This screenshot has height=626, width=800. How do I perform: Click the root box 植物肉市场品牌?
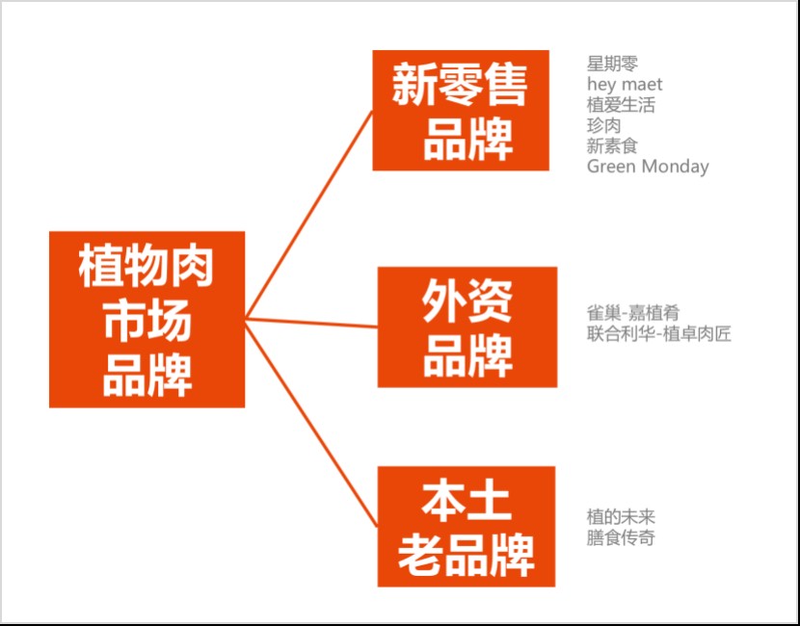(147, 319)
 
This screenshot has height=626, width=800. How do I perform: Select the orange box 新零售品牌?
(461, 111)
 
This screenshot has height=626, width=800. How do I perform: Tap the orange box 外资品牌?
(467, 326)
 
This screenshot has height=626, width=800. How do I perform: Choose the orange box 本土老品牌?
(466, 526)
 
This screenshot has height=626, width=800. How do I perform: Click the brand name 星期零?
(612, 65)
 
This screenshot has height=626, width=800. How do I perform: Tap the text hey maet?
(625, 85)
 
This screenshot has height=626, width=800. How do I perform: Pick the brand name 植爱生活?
(621, 105)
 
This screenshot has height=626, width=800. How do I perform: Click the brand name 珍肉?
(603, 125)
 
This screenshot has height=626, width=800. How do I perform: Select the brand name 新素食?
(612, 145)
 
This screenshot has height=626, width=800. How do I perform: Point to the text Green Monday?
(648, 167)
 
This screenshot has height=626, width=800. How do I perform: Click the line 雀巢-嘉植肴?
(633, 313)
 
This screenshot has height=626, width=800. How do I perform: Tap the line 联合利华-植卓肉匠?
(659, 334)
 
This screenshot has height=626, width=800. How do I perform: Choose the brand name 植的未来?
(621, 517)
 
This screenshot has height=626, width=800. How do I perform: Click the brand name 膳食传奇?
(621, 537)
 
